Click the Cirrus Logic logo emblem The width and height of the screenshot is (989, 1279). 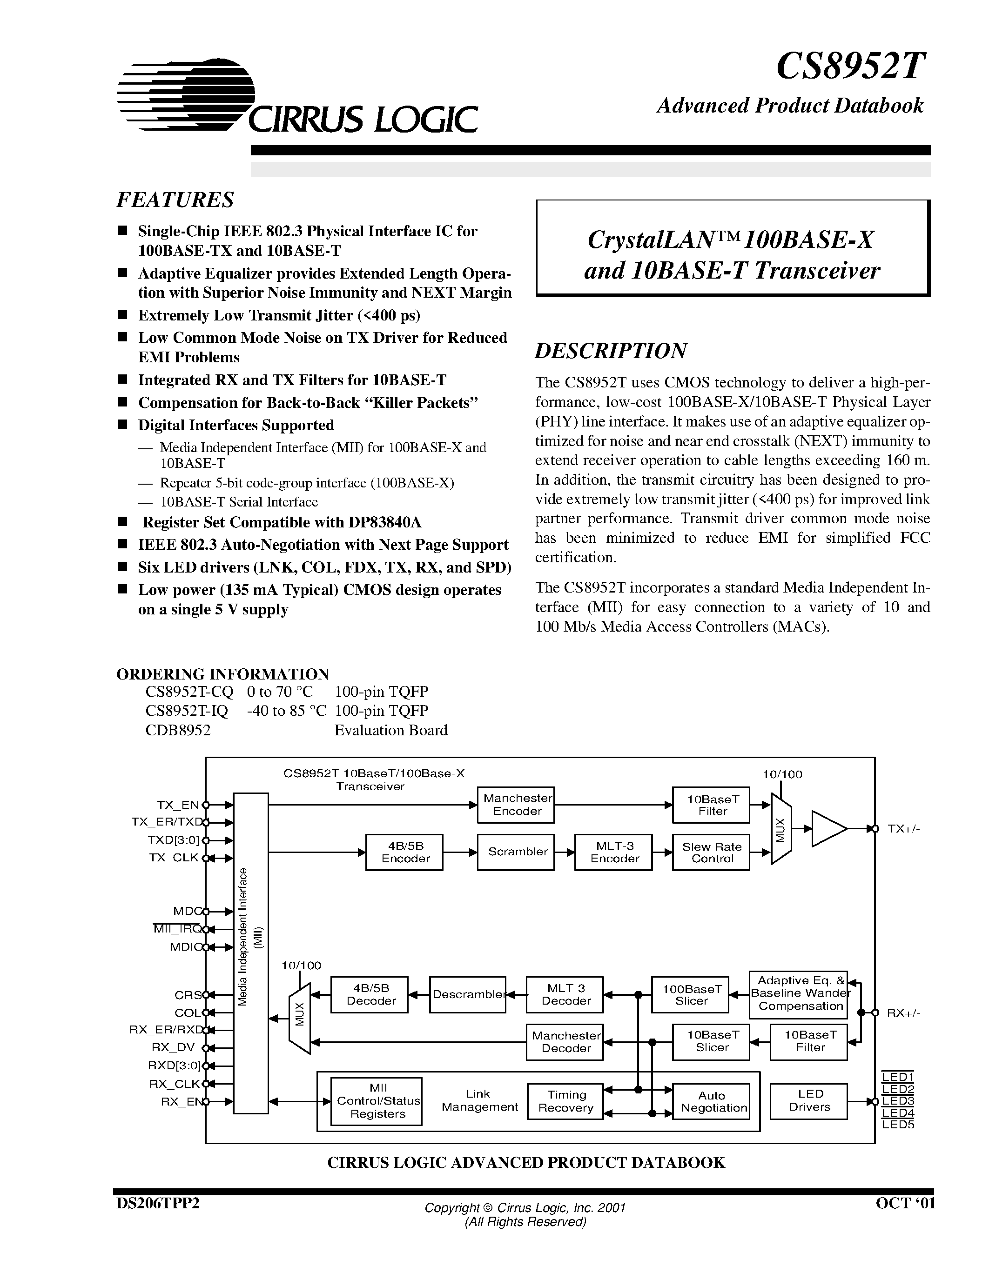tap(186, 93)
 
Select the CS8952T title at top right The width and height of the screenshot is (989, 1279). tap(850, 66)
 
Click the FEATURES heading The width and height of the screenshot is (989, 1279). tap(175, 200)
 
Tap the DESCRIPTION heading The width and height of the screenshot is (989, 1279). tap(611, 351)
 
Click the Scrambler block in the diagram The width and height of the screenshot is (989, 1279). tap(516, 852)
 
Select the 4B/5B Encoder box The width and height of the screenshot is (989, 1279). tap(404, 852)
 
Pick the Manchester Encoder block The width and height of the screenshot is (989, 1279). tap(516, 805)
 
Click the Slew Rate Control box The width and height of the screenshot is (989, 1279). tap(711, 852)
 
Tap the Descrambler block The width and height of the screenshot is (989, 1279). tap(468, 994)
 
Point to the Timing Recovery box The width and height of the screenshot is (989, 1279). tap(565, 1101)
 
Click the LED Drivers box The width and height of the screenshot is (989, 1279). tap(808, 1100)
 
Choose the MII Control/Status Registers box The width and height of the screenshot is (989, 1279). tap(377, 1101)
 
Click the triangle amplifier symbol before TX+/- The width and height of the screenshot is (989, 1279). tap(826, 829)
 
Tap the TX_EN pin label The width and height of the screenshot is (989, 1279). tap(177, 805)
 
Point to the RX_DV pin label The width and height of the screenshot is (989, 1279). tap(172, 1048)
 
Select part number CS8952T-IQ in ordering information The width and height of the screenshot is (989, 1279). tap(186, 710)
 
